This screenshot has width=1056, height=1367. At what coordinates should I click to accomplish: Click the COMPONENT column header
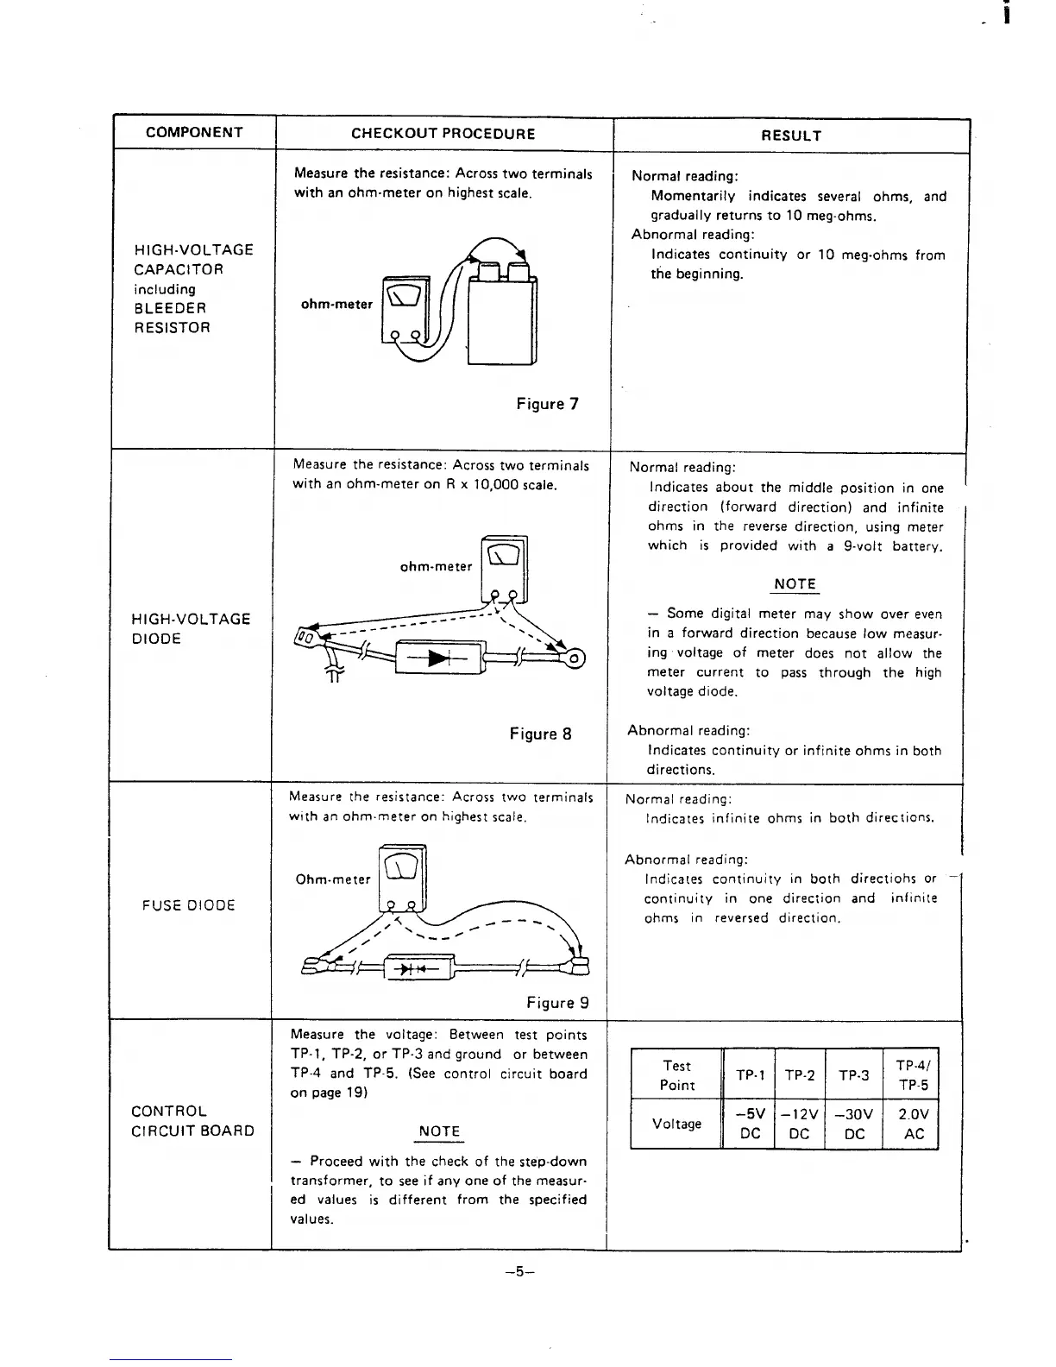click(194, 133)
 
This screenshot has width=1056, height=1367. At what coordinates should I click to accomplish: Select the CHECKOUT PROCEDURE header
click(443, 134)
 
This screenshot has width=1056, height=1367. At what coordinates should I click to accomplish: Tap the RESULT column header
click(791, 135)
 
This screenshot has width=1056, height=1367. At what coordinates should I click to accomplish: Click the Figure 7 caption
click(547, 404)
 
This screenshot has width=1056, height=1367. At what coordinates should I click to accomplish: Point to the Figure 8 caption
click(540, 734)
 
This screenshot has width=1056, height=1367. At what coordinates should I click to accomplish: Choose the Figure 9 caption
click(557, 1003)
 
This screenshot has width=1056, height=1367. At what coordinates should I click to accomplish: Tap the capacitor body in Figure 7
click(501, 315)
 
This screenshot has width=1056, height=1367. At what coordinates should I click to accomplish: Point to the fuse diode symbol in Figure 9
click(418, 968)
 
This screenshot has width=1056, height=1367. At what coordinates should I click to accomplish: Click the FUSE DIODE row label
click(189, 905)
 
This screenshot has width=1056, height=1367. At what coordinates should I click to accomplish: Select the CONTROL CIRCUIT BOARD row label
click(192, 1121)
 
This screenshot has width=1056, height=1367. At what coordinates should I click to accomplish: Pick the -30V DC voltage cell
click(854, 1124)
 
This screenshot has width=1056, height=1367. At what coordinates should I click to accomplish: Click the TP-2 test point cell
click(800, 1075)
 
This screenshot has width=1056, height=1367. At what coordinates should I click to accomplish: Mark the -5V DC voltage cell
click(751, 1124)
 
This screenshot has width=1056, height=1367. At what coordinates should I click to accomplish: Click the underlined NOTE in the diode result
click(795, 584)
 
